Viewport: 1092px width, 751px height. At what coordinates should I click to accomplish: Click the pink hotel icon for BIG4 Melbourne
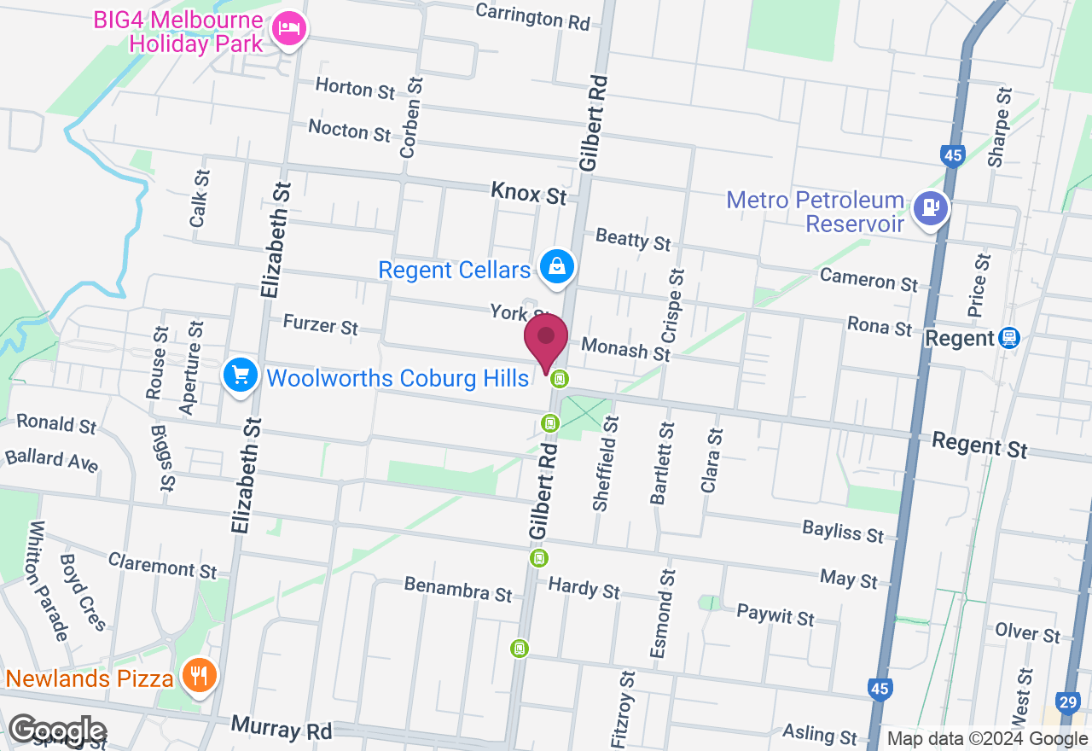[x=289, y=30]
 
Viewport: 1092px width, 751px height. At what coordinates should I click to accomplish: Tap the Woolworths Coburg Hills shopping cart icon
[x=241, y=375]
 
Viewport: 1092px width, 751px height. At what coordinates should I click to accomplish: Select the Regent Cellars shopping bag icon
[x=557, y=266]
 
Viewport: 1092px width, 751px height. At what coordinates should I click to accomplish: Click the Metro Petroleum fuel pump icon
[x=930, y=207]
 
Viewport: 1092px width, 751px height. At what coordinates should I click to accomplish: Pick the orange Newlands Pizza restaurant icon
[x=199, y=677]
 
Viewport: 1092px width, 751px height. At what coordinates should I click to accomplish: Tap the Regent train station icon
[x=1010, y=338]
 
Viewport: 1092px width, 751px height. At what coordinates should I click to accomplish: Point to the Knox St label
[x=529, y=193]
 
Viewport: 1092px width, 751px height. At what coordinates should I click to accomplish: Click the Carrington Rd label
[x=532, y=15]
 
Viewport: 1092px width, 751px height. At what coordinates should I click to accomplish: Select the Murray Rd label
[x=281, y=730]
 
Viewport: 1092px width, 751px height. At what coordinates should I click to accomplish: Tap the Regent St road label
[x=979, y=445]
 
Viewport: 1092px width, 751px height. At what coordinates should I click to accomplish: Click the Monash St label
[x=625, y=349]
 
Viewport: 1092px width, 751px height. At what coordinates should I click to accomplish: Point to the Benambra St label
[x=458, y=588]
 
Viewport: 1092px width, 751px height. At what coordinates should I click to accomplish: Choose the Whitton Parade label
[x=48, y=580]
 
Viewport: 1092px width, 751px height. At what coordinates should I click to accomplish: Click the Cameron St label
[x=868, y=279]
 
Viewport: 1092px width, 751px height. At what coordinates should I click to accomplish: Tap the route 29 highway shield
[x=1067, y=702]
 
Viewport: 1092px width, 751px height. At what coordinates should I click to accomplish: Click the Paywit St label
[x=775, y=614]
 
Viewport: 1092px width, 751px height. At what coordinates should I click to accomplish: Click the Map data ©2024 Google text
[x=987, y=739]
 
